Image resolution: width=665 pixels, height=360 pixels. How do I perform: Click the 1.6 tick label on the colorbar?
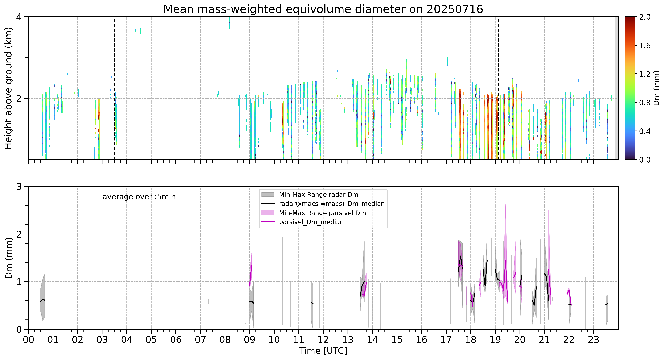(645, 46)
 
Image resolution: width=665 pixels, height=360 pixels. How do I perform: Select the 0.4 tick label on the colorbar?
(645, 131)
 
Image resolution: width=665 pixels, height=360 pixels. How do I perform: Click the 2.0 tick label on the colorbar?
(645, 17)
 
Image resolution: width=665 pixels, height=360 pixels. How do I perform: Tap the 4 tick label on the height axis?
(19, 17)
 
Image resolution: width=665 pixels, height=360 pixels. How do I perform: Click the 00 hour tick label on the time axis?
(28, 340)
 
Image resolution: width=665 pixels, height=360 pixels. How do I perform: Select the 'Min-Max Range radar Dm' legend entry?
(310, 195)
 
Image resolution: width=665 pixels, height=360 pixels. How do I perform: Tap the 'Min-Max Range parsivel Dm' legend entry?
(314, 213)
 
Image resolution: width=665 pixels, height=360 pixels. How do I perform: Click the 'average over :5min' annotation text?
(139, 197)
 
